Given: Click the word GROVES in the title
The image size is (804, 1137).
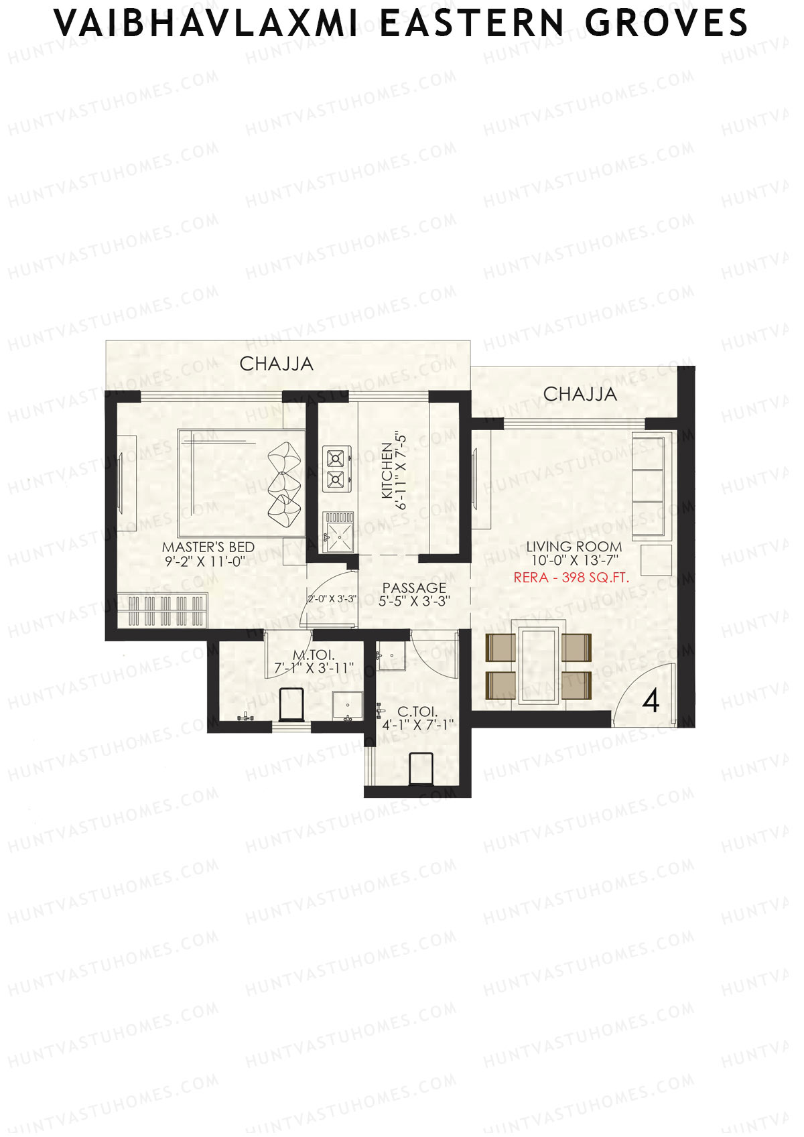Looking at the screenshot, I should point(666,23).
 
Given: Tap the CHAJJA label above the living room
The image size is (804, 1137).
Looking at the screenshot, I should point(580,394).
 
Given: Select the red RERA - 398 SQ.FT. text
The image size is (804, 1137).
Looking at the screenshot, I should point(571,578).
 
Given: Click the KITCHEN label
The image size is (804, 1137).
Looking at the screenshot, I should point(387,470).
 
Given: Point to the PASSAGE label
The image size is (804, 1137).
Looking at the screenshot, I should point(414,588).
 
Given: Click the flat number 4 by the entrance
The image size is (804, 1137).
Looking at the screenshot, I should point(651,701).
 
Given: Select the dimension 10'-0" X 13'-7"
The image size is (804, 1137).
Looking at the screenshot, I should point(574,561).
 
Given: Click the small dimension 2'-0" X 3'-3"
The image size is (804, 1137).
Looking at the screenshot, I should point(332,599).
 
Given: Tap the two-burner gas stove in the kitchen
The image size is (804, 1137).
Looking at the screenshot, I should point(335,468).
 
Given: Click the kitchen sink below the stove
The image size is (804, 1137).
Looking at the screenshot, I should point(340,532).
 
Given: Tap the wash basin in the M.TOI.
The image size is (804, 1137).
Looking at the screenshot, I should point(347,707).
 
